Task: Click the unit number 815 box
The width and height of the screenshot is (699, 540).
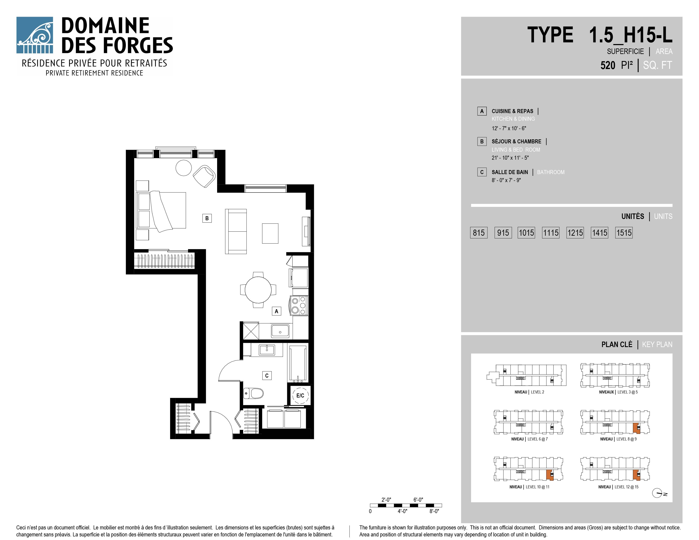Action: coord(478,233)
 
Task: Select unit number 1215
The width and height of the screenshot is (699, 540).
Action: coord(575,233)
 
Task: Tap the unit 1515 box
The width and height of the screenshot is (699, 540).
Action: coord(624,233)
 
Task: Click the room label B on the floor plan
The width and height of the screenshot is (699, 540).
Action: coord(207,218)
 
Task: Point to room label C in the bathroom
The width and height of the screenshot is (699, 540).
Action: coord(267,376)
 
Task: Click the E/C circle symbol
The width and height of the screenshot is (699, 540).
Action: coord(300,395)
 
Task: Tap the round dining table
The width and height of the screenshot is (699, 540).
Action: coord(258,290)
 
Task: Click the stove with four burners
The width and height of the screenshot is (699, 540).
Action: coord(299,306)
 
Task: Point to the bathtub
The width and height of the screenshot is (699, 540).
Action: coord(298,364)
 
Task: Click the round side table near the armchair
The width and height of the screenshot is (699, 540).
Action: coord(184,168)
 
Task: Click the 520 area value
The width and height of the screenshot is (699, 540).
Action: coord(608,65)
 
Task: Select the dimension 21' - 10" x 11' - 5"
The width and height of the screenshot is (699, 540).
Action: coord(510,158)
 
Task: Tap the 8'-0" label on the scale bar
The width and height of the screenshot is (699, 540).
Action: coord(434,511)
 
